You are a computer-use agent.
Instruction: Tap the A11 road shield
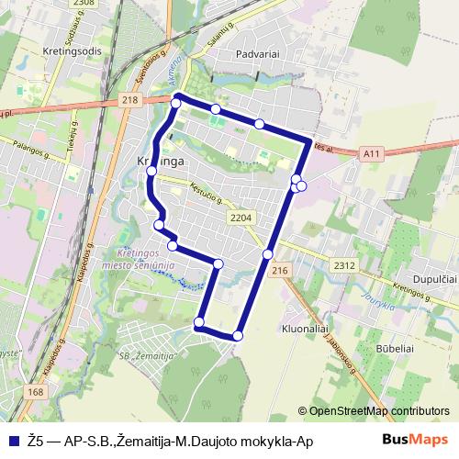coord(371,154)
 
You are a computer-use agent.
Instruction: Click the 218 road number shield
coord(128,99)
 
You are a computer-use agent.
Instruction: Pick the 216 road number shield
coord(280,270)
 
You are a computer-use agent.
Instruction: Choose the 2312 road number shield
coord(344,265)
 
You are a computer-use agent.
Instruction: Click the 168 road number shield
coord(36,392)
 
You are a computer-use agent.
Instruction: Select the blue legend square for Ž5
coord(13,442)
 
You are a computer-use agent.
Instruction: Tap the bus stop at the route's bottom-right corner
coord(239,336)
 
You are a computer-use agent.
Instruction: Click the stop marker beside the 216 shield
coord(268,254)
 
